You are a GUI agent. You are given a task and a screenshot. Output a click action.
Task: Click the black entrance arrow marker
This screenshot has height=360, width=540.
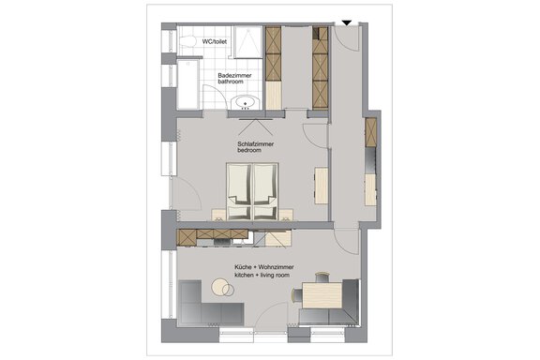tap(347, 23)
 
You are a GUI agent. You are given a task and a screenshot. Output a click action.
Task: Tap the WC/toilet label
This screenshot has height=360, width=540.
tap(215, 41)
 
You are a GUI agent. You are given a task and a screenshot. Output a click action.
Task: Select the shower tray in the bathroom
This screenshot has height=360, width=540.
tap(248, 42)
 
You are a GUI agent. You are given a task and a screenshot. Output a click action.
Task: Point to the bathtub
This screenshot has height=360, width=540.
tap(187, 84)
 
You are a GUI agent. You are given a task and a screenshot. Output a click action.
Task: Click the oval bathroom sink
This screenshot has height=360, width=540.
tap(245, 103)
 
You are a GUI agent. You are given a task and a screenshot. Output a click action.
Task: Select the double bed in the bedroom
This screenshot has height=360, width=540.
tap(252, 191)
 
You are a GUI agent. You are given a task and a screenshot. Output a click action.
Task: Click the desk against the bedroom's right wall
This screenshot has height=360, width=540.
tap(321, 186)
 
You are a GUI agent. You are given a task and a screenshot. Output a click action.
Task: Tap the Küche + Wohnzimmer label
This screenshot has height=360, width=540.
tap(264, 267)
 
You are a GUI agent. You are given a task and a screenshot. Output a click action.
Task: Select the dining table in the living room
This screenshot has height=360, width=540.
tap(322, 295)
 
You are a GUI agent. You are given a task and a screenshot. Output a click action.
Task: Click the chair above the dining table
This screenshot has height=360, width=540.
tap(322, 277)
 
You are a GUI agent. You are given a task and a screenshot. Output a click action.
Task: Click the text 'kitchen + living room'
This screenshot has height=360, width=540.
tap(262, 276)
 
